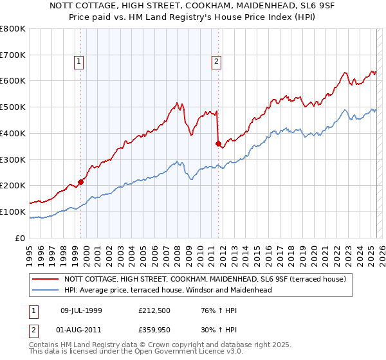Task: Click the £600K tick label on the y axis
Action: point(13,81)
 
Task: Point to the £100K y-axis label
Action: point(13,212)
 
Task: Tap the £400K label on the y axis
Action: point(13,133)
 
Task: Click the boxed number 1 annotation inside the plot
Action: point(78,62)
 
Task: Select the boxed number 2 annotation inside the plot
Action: point(216,62)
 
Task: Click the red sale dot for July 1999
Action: point(81,182)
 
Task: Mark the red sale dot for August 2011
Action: point(218,143)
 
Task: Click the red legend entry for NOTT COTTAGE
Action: point(205,279)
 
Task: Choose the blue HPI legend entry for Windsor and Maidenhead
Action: point(168,290)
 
